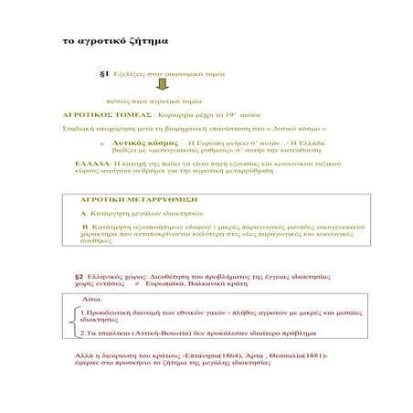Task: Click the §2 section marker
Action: [79, 275]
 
